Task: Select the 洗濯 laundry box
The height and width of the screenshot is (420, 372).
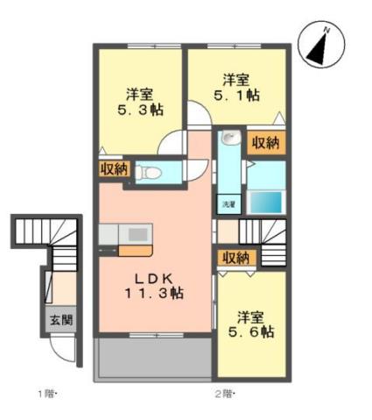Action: tap(228, 203)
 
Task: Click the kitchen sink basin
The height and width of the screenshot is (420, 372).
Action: tap(138, 235)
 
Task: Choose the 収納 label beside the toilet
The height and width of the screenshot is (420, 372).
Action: tap(113, 167)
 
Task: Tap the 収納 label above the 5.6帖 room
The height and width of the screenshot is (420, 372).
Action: tap(234, 258)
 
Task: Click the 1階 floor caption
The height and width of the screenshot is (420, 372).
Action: tap(46, 393)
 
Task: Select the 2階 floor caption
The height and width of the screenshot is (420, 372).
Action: tap(225, 393)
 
